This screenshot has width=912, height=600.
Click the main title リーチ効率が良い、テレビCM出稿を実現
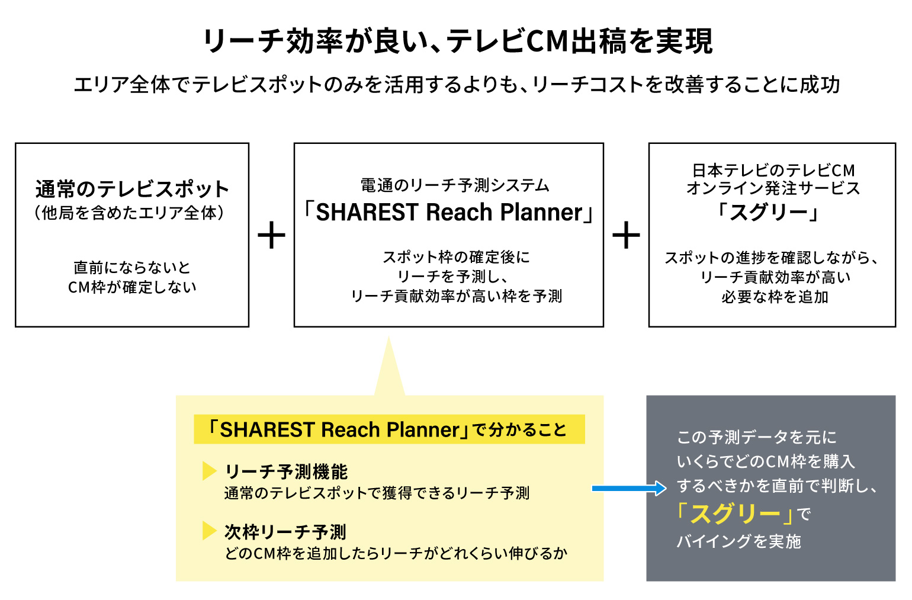[457, 41]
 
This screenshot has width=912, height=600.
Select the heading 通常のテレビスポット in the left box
[132, 189]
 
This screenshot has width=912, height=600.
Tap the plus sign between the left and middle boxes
[271, 235]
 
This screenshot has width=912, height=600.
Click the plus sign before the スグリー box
[626, 235]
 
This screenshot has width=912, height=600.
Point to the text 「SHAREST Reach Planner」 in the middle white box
[448, 212]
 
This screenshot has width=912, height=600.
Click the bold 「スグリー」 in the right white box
[769, 211]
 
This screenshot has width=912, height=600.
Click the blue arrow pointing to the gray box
[629, 489]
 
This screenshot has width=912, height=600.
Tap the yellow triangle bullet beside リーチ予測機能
[209, 471]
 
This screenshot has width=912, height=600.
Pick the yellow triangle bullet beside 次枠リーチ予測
[209, 531]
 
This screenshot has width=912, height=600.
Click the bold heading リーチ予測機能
[286, 471]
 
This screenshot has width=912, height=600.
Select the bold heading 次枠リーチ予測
[285, 532]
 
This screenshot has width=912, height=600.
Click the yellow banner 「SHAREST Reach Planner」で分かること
[389, 429]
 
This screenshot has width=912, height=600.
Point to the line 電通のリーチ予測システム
[455, 185]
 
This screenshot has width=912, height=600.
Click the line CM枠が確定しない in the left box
[132, 287]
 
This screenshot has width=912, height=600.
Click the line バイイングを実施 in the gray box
[738, 541]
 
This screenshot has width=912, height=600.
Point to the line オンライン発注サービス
[773, 188]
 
